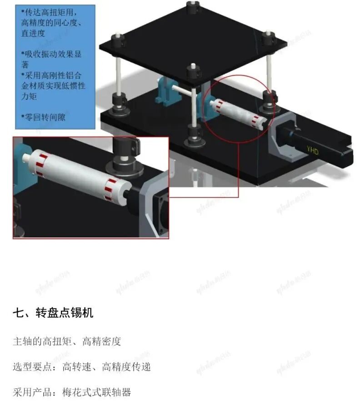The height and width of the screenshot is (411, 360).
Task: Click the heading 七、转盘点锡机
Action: (53, 313)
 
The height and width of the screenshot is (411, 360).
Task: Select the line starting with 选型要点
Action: (81, 366)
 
